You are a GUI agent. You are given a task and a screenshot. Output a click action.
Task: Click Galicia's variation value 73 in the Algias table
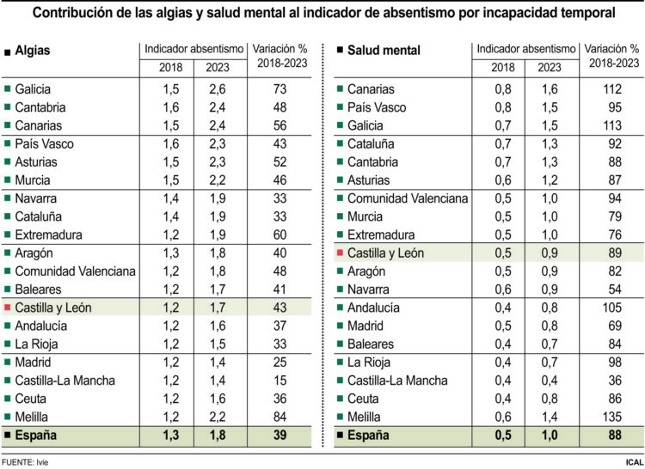click(x=279, y=89)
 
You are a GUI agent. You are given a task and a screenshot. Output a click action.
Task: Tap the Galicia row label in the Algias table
click(x=33, y=89)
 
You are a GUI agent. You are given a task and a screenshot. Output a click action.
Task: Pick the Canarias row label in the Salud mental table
click(x=371, y=89)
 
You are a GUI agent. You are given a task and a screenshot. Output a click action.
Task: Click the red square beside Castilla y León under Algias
click(x=8, y=308)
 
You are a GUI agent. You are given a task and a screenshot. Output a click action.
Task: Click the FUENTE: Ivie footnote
click(x=25, y=461)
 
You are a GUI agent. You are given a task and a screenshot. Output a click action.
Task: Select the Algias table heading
click(x=33, y=51)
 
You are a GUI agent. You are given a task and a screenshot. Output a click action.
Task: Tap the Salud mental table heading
click(x=384, y=51)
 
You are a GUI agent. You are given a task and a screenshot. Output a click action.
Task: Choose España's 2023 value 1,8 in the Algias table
click(x=218, y=436)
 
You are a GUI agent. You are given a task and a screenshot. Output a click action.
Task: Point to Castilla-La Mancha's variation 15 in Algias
click(x=279, y=381)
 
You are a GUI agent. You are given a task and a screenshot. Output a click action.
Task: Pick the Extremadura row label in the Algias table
click(x=46, y=234)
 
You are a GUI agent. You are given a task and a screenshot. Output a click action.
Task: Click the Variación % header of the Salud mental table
click(x=614, y=57)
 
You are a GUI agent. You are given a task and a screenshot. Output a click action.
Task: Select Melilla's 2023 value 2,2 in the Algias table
click(x=218, y=417)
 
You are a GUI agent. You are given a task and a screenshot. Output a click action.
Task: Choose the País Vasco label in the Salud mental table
click(x=377, y=107)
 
